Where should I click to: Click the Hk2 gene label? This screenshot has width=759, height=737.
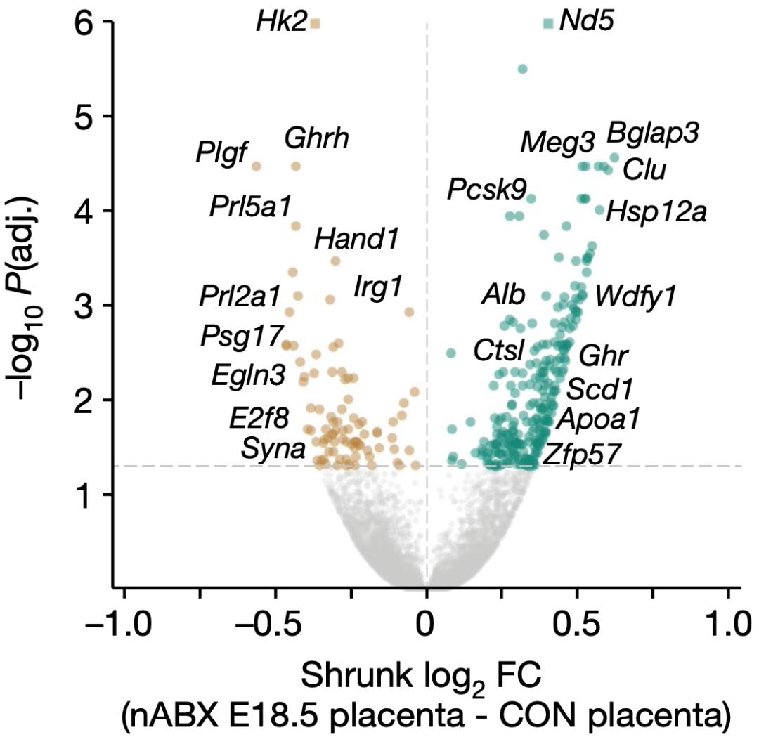(x=281, y=24)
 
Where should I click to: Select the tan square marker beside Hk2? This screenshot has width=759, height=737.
(x=316, y=24)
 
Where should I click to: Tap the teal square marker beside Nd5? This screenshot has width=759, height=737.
(x=548, y=24)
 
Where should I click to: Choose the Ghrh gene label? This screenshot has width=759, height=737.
(x=317, y=138)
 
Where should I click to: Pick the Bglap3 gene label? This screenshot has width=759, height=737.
(x=653, y=133)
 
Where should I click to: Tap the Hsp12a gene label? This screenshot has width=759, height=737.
(x=656, y=210)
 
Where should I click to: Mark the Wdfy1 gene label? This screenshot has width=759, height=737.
(x=635, y=296)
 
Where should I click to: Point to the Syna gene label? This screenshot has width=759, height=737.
(x=273, y=448)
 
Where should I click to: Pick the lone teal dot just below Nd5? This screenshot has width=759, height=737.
(x=522, y=69)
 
